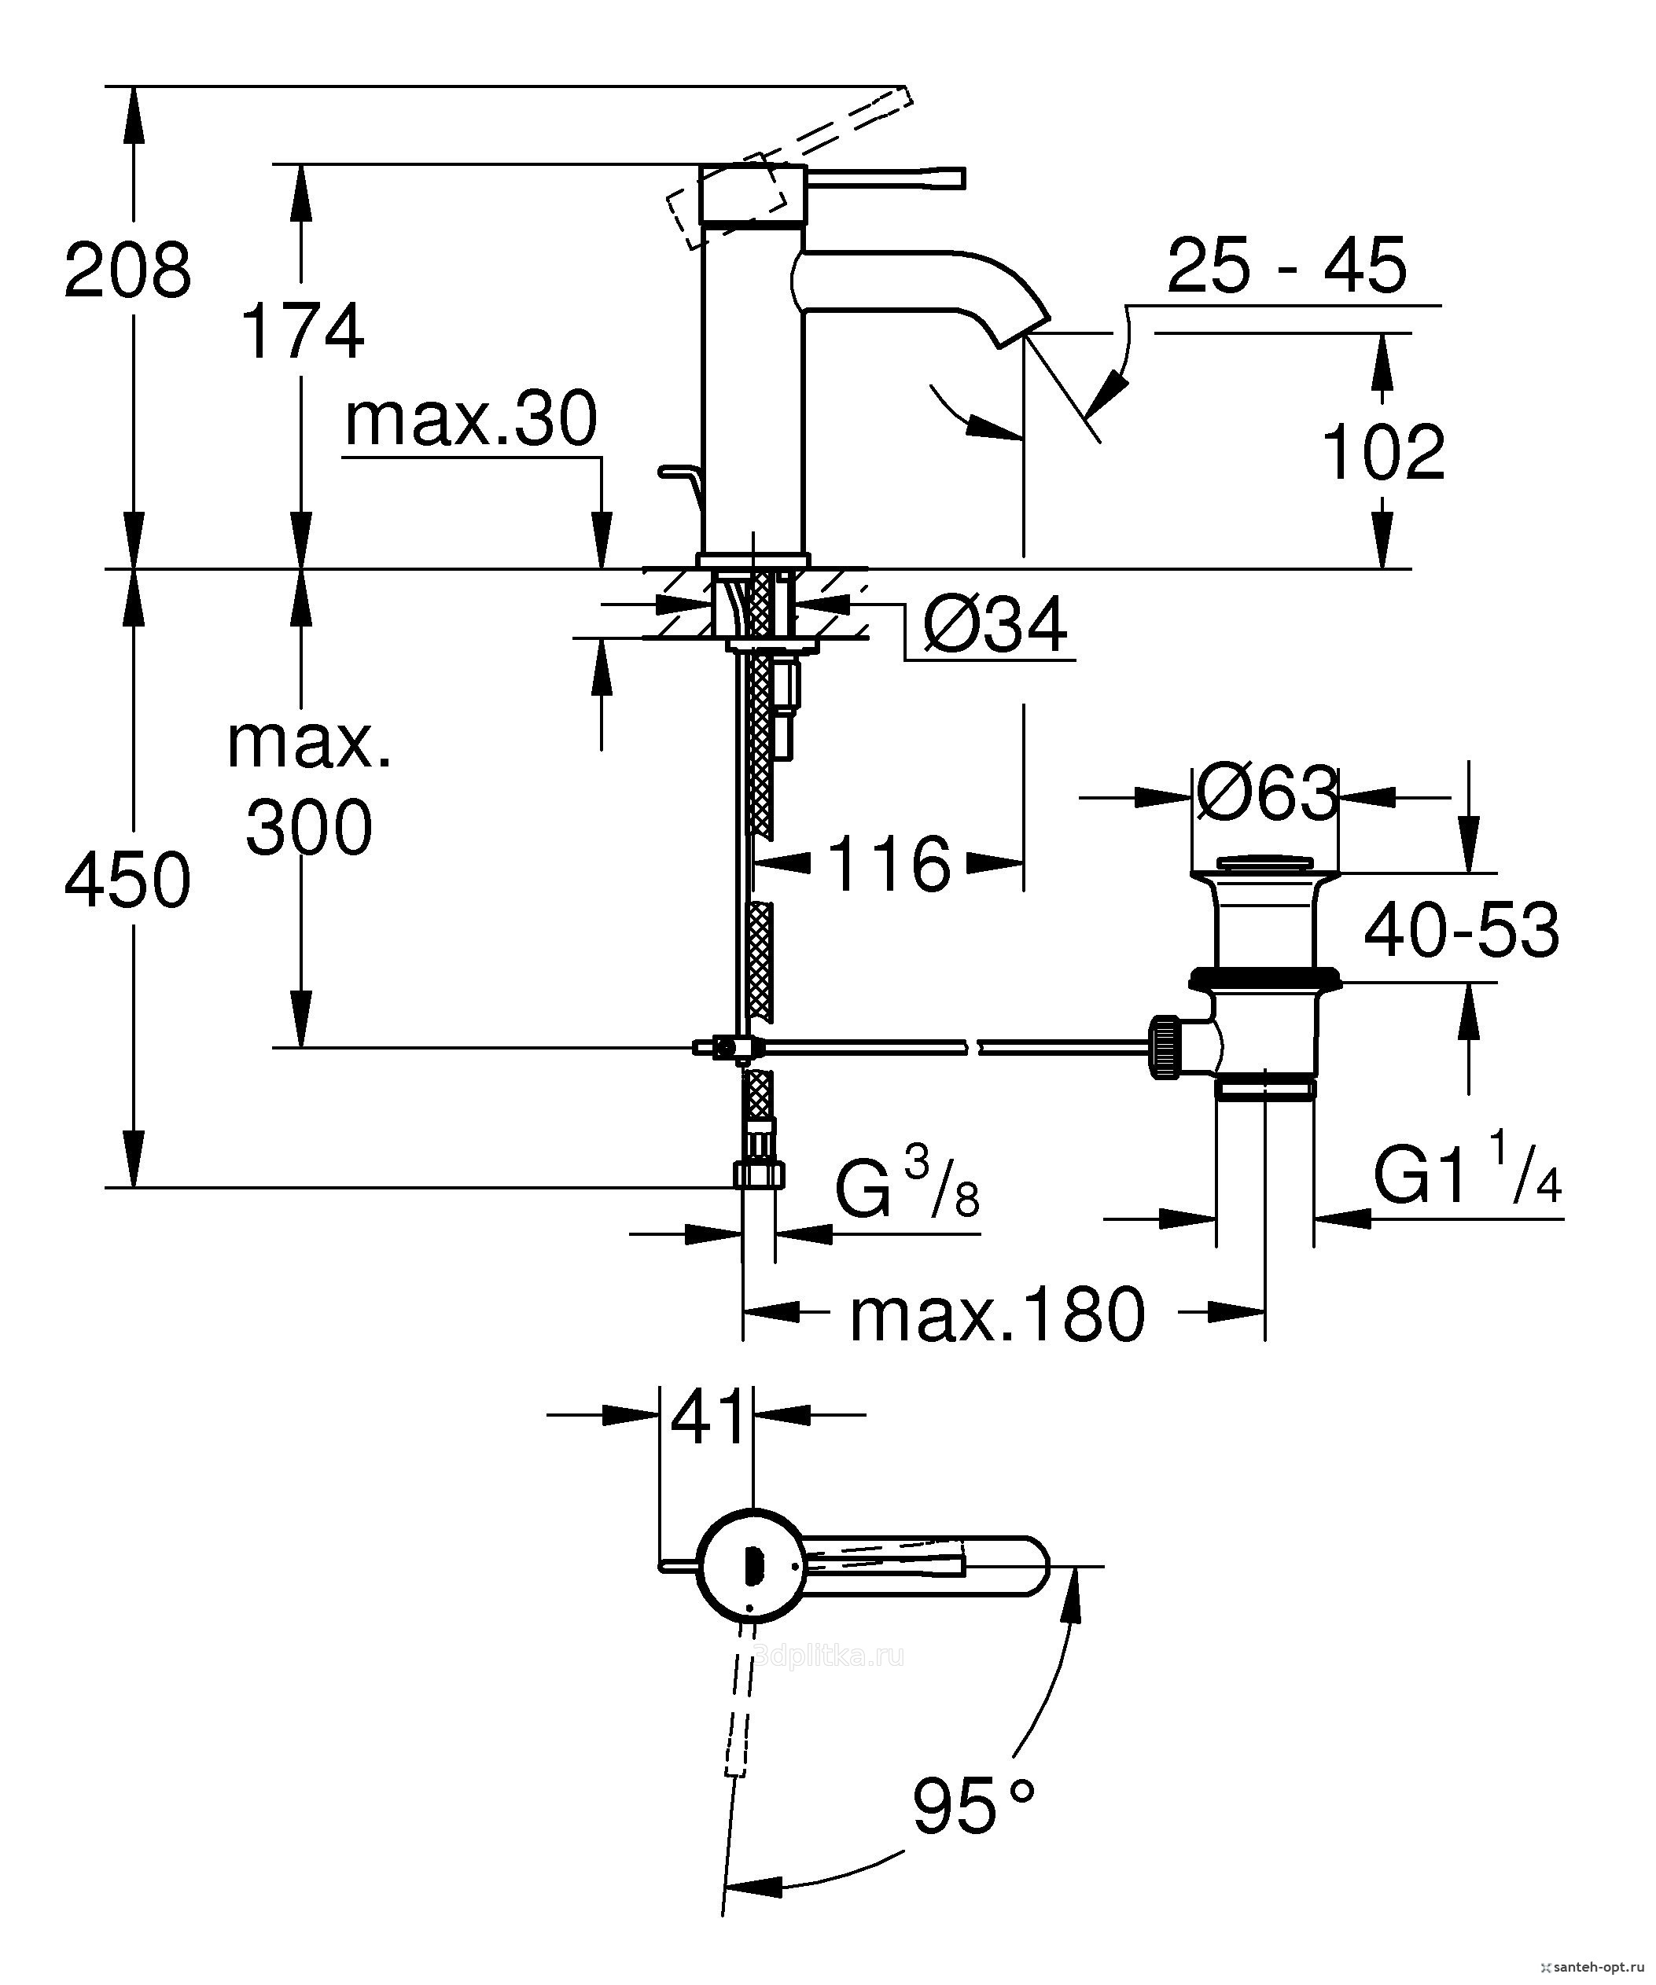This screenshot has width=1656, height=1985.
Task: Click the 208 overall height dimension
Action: tap(127, 271)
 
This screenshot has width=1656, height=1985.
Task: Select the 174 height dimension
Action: tap(303, 332)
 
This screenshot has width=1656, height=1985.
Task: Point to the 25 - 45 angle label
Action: tap(1286, 267)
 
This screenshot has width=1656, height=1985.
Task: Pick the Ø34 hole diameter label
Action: tap(995, 625)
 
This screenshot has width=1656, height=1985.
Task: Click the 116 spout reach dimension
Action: tap(889, 863)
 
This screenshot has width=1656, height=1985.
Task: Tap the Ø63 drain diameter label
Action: tap(1267, 794)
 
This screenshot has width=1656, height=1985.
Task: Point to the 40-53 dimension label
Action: tap(1461, 931)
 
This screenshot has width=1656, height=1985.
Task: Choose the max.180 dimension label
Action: tap(997, 1315)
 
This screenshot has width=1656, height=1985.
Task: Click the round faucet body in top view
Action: tap(752, 1568)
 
